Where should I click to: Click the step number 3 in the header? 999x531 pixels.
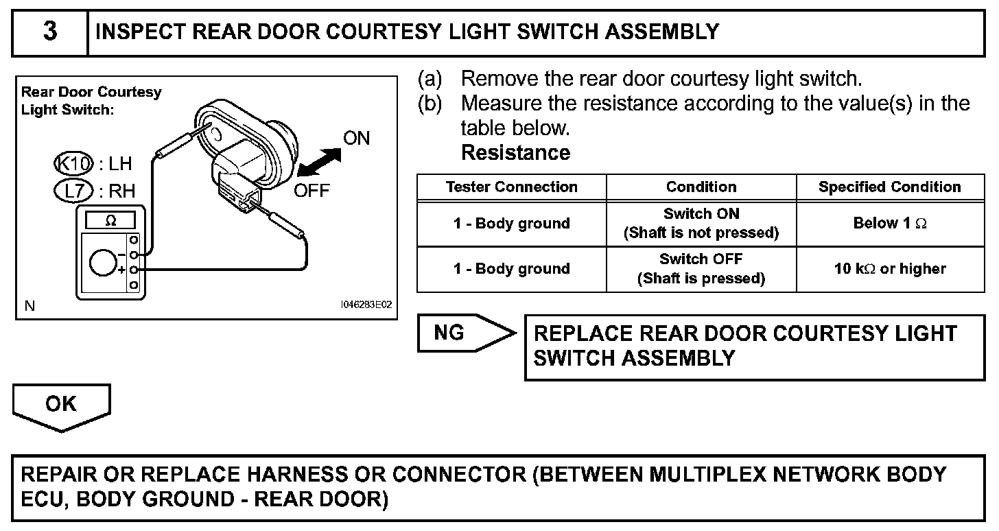click(x=50, y=32)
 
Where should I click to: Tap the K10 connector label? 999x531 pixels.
click(x=73, y=164)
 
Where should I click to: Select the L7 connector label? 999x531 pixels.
click(x=73, y=191)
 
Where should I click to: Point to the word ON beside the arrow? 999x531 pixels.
click(x=356, y=139)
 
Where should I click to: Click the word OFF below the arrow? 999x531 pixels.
click(x=312, y=190)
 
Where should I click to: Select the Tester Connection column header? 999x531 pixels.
click(x=511, y=187)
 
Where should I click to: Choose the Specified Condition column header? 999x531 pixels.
click(x=889, y=187)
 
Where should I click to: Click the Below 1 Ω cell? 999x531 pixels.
click(x=889, y=223)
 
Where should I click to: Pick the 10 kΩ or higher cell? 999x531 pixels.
click(x=889, y=269)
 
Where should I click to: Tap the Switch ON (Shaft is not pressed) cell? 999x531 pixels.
click(x=701, y=224)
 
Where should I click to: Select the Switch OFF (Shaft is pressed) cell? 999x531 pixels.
click(x=701, y=269)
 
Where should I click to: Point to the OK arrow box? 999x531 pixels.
click(x=61, y=405)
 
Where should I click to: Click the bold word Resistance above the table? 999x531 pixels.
click(x=515, y=152)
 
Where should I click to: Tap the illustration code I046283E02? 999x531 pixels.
click(x=366, y=306)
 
